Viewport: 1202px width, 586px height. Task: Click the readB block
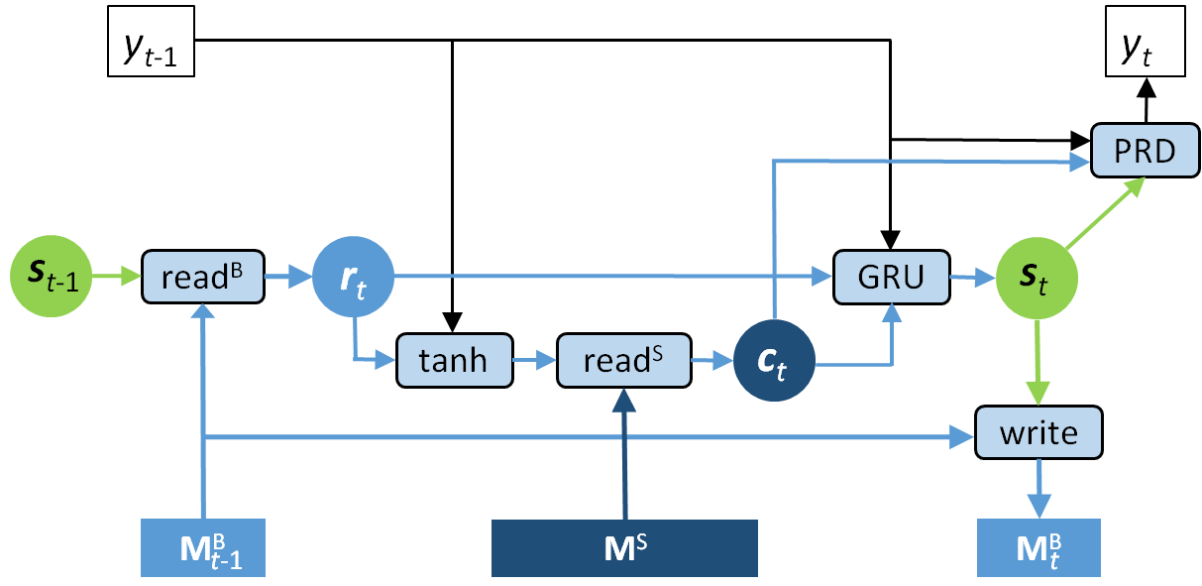203,277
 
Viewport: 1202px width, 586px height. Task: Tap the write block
1038,432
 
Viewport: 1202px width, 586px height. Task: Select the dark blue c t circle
774,363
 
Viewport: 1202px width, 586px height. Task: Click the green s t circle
1036,279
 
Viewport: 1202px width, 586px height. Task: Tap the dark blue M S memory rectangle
624,546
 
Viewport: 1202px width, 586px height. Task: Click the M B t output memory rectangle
1038,546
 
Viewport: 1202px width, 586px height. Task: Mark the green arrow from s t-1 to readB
118,278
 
